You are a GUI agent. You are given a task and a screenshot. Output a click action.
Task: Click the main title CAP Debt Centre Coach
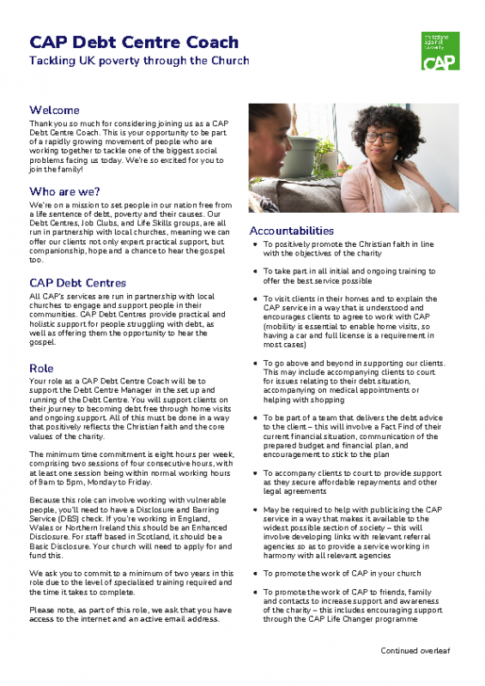coord(134,42)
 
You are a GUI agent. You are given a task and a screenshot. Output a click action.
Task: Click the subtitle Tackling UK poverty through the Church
coord(139,61)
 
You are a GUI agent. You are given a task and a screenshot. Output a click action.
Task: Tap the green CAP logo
coord(442,51)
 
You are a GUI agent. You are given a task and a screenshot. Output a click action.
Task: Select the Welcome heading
coord(54,111)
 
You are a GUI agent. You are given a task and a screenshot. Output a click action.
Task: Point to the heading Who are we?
coord(64,191)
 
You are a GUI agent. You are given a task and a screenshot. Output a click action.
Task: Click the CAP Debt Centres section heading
coord(77,282)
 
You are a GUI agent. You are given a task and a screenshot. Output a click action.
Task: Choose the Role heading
coord(41,368)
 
